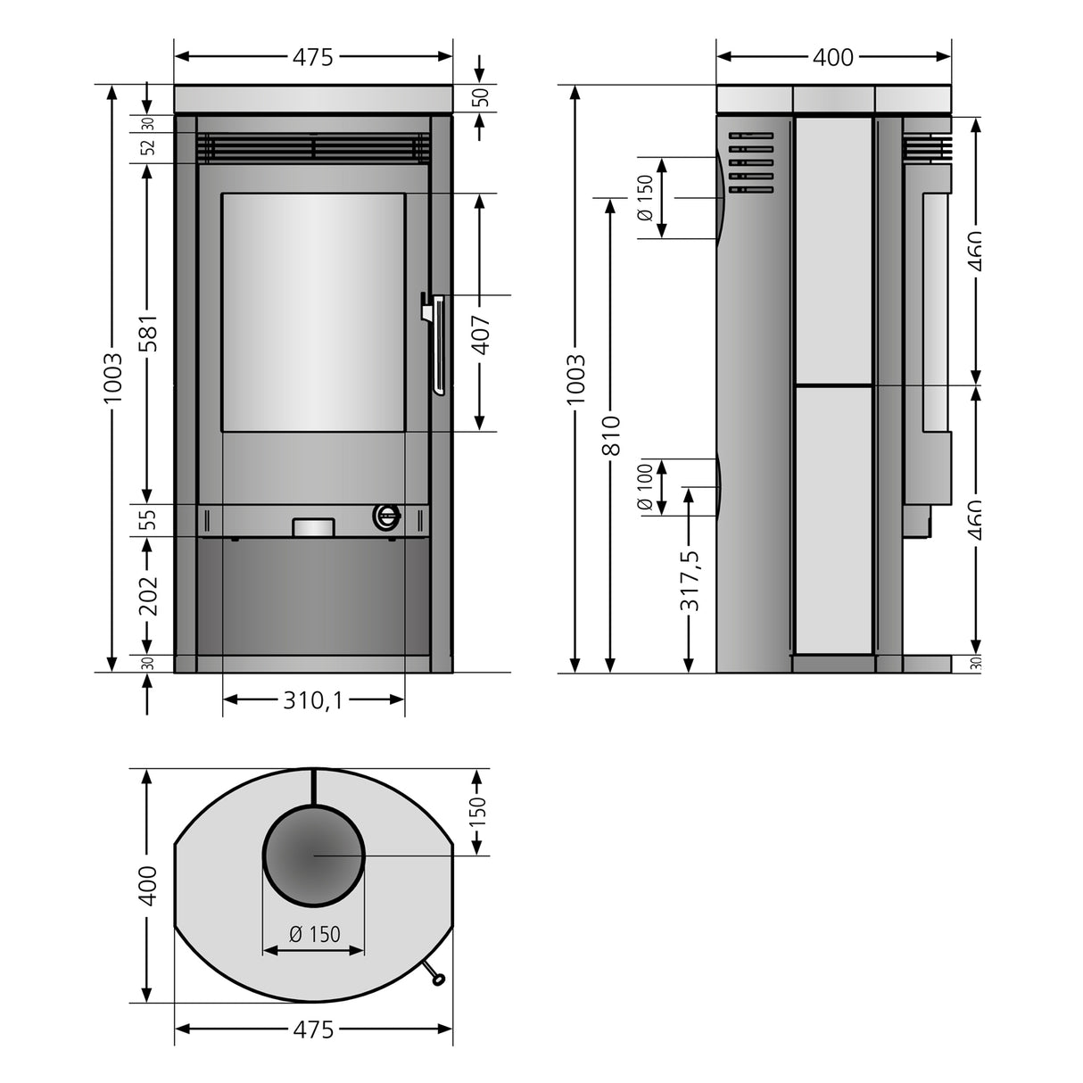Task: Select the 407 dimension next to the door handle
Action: (481, 335)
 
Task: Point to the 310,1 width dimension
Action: (313, 700)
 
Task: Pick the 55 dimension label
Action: (148, 519)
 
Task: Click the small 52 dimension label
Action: (148, 147)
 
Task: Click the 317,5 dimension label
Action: (690, 581)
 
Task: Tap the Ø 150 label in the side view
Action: (645, 198)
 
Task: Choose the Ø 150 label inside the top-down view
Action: (314, 934)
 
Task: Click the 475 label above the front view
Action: (313, 57)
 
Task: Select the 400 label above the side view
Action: (833, 57)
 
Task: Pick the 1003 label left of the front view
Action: (112, 378)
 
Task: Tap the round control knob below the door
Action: (387, 515)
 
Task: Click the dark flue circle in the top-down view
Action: (313, 855)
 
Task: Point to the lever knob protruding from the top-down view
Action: (438, 980)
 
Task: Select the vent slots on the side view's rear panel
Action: (750, 162)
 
